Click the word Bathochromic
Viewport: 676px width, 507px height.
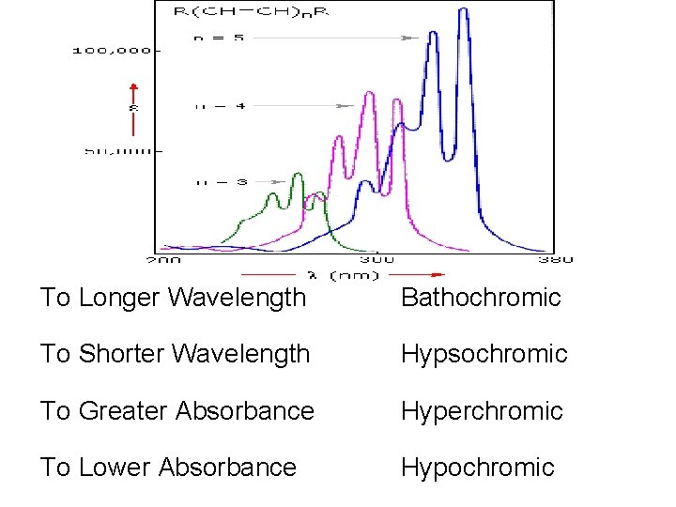pos(480,298)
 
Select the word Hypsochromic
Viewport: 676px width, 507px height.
pos(484,354)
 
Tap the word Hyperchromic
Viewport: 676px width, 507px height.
pos(482,410)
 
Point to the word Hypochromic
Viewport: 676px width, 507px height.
pos(477,467)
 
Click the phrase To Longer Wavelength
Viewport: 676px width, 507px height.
pos(174,298)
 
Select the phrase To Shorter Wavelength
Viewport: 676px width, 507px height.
pos(175,354)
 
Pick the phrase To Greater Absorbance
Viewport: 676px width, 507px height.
pos(177,410)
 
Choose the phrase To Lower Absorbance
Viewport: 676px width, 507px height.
pos(168,467)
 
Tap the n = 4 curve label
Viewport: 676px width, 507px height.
pos(220,107)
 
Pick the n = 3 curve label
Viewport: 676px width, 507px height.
pos(221,181)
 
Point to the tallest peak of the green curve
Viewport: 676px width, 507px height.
pos(299,175)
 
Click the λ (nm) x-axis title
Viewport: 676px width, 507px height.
pos(344,275)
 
